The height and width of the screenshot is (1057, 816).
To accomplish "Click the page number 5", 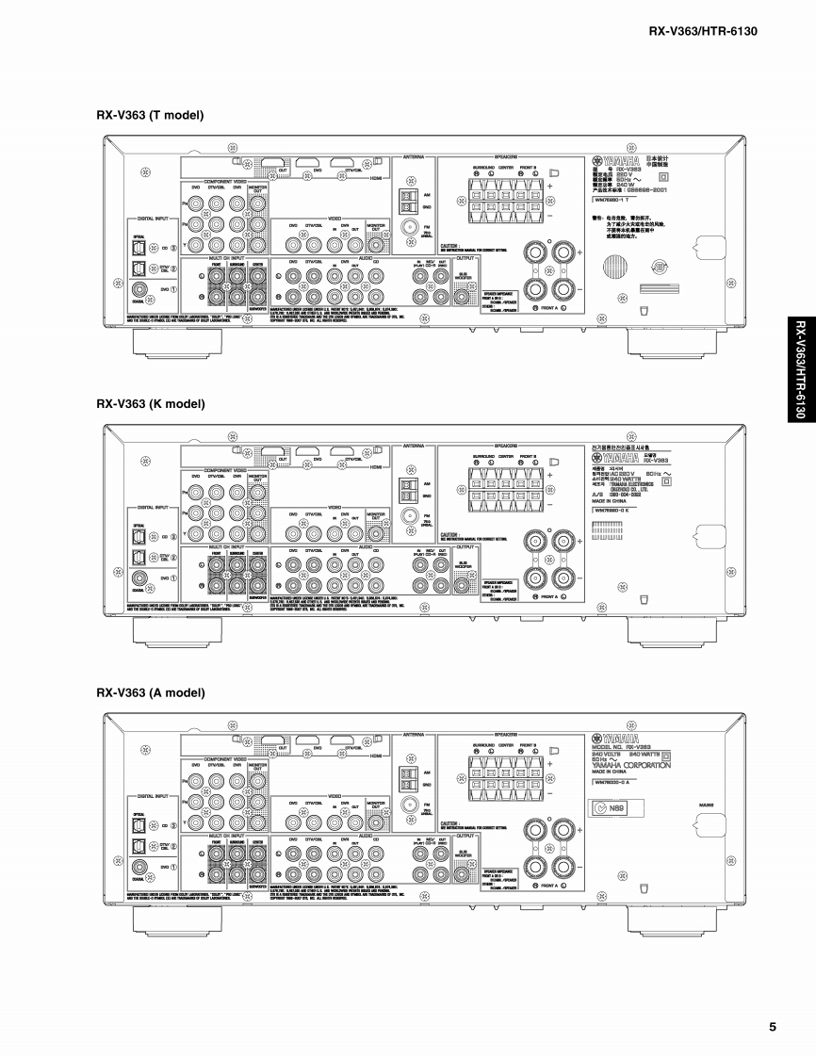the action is click(772, 1026).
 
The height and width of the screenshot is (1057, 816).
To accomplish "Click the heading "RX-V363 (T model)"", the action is click(150, 115).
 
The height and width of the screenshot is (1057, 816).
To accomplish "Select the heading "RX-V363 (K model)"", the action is click(150, 403).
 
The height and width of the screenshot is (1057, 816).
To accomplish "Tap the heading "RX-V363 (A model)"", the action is click(150, 692).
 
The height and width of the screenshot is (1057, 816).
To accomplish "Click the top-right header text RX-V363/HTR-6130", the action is click(703, 32).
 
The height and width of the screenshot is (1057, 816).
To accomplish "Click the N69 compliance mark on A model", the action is click(612, 807).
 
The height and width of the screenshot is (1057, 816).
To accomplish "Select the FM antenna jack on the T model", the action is click(411, 227).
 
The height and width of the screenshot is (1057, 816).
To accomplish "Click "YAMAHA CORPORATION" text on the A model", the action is click(631, 765).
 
